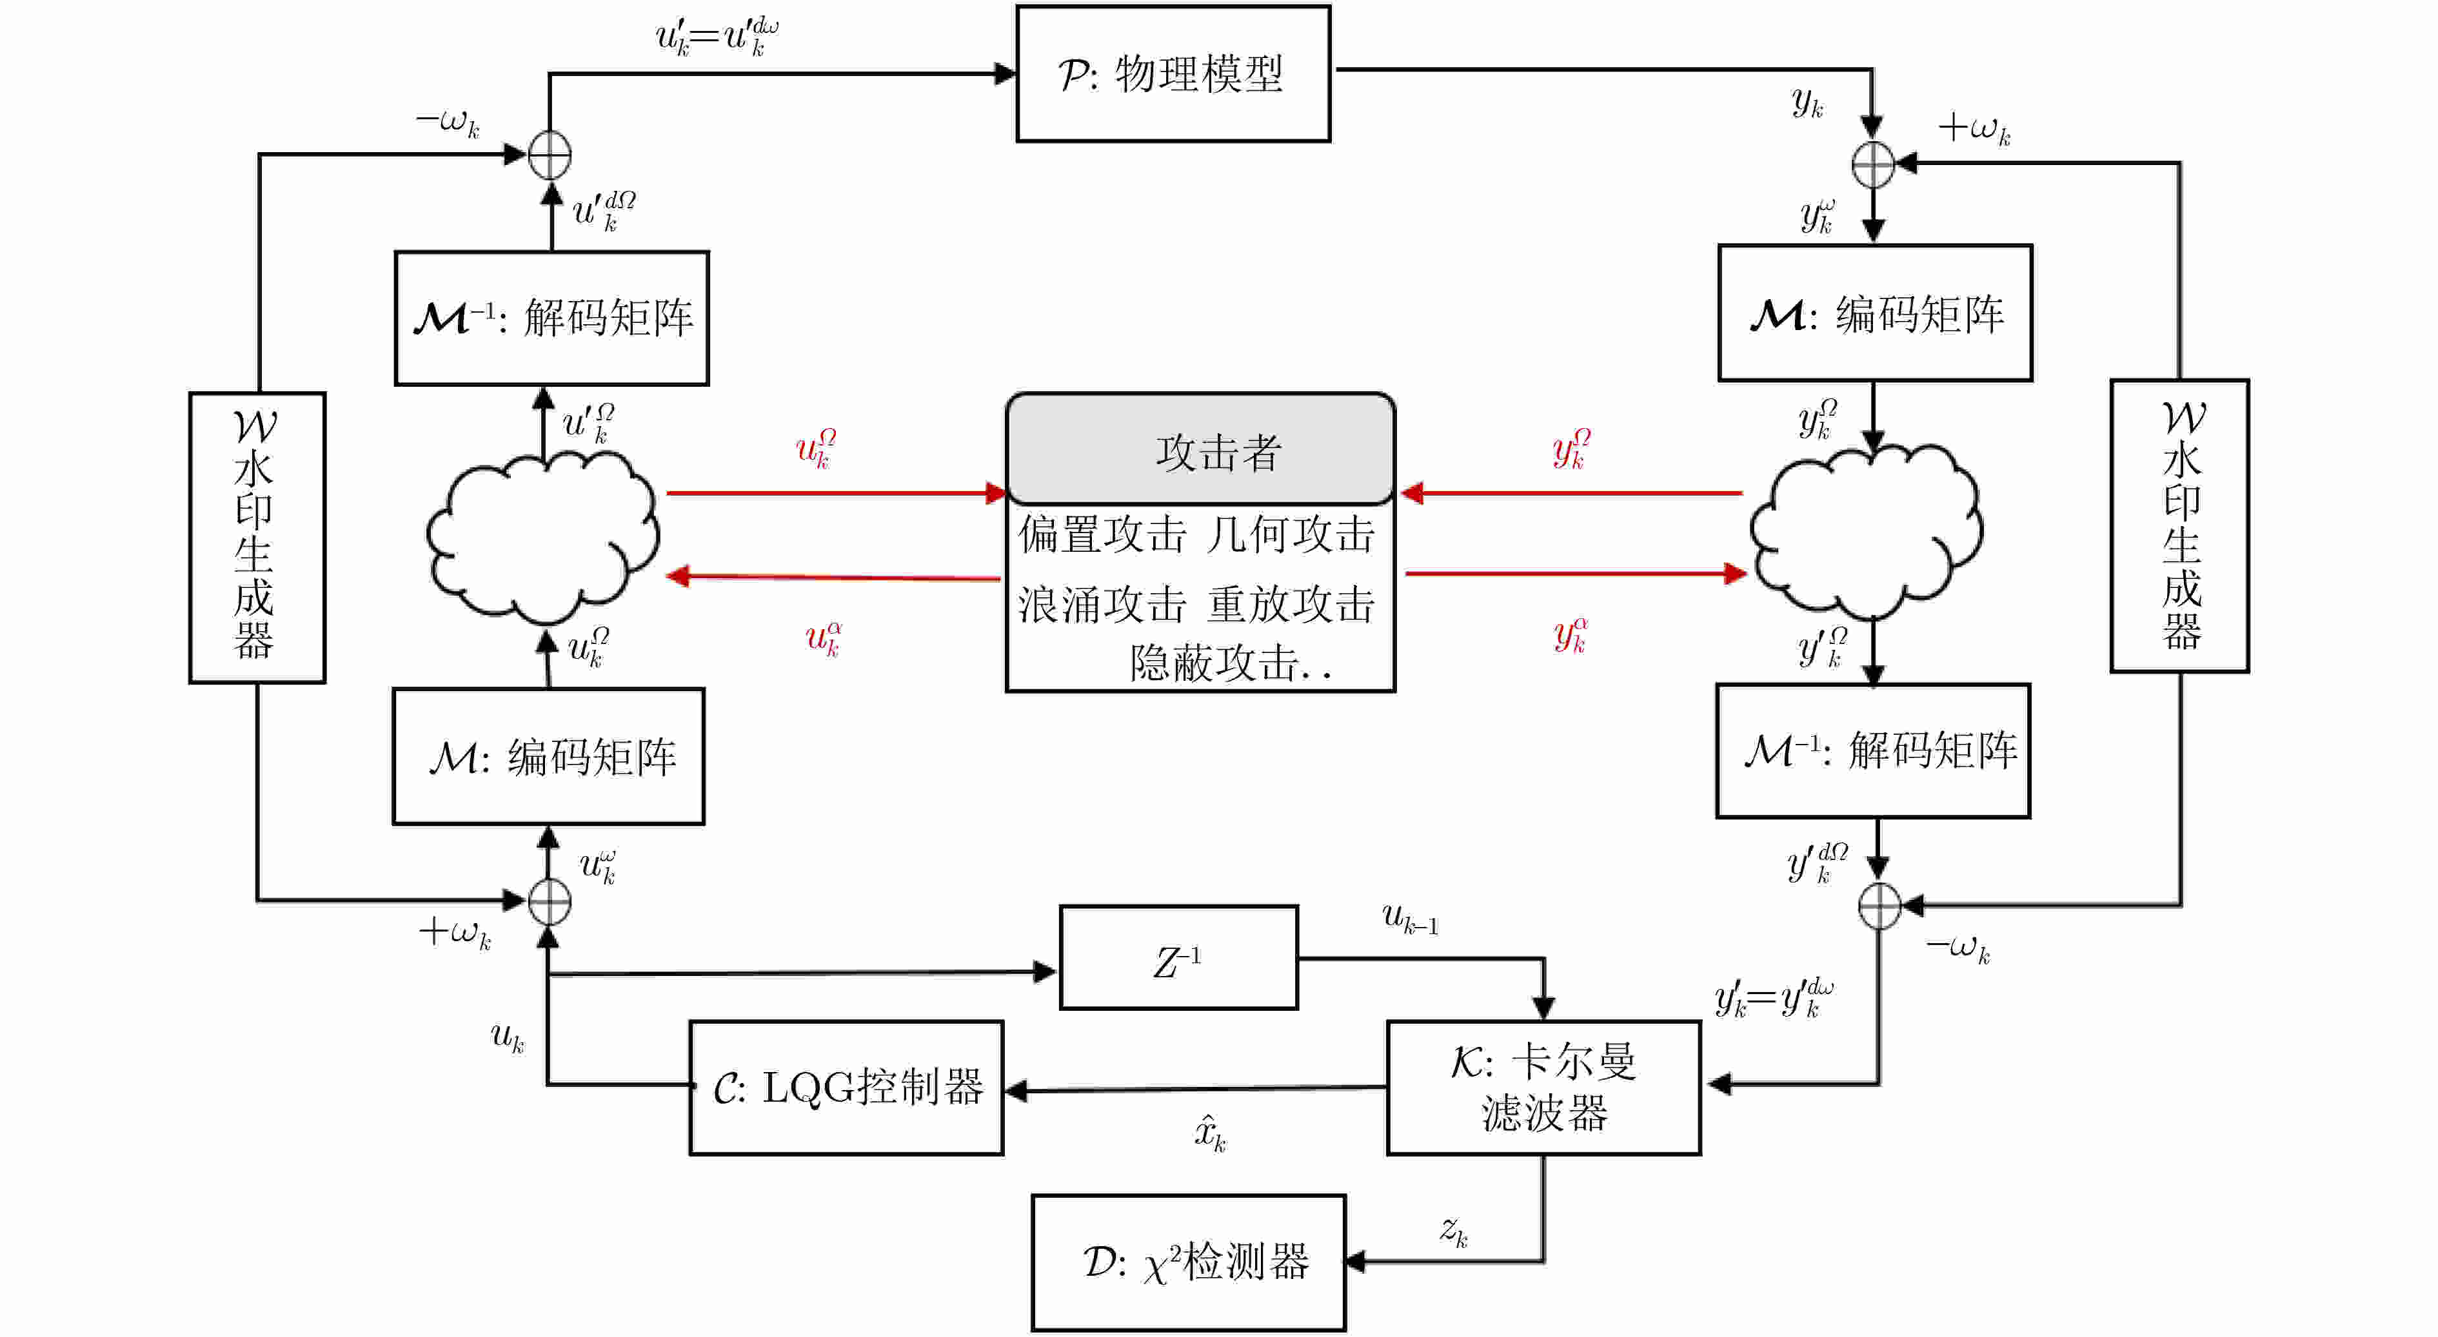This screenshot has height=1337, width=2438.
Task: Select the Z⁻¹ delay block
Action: pyautogui.click(x=1178, y=957)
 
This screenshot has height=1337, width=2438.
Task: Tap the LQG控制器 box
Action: pyautogui.click(x=846, y=1088)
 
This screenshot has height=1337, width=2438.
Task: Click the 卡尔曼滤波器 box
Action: pyautogui.click(x=1543, y=1088)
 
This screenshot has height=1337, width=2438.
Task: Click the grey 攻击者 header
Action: pyautogui.click(x=1200, y=449)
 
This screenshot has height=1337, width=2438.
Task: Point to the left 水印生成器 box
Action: pyautogui.click(x=257, y=538)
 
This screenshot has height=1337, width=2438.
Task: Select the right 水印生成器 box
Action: pyautogui.click(x=2179, y=526)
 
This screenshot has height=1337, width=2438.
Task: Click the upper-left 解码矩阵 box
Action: pyautogui.click(x=551, y=318)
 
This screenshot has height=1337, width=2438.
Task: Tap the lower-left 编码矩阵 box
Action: pyautogui.click(x=549, y=756)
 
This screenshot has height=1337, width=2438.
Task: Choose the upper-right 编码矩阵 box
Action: pyautogui.click(x=1875, y=313)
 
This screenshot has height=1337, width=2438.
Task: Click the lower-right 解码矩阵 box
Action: pyautogui.click(x=1873, y=750)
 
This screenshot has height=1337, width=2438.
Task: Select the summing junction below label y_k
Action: pyautogui.click(x=1873, y=166)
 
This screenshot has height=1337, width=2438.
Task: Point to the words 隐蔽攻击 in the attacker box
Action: pyautogui.click(x=1215, y=663)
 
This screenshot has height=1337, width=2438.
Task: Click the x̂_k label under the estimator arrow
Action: pyautogui.click(x=1209, y=1133)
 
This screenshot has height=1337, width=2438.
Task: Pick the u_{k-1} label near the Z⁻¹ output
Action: pyautogui.click(x=1410, y=919)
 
